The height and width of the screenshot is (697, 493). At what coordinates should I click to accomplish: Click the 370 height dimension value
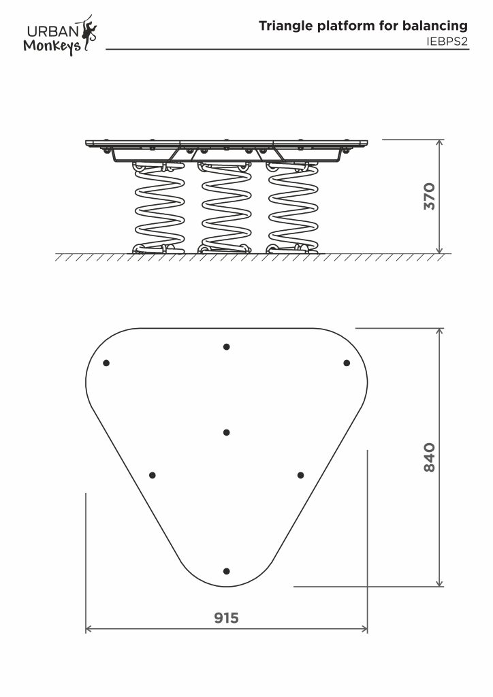[430, 196]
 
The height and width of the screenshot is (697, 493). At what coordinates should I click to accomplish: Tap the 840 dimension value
[430, 457]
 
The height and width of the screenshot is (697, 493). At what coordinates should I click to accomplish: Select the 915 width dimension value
[226, 618]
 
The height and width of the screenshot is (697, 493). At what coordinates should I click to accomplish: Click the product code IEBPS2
[447, 42]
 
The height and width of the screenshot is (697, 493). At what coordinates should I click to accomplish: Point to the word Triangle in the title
[286, 27]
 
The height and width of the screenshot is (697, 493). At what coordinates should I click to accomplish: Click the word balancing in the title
[434, 26]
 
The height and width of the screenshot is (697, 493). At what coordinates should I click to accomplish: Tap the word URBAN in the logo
[53, 31]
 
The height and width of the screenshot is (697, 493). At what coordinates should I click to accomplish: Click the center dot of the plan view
[226, 432]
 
